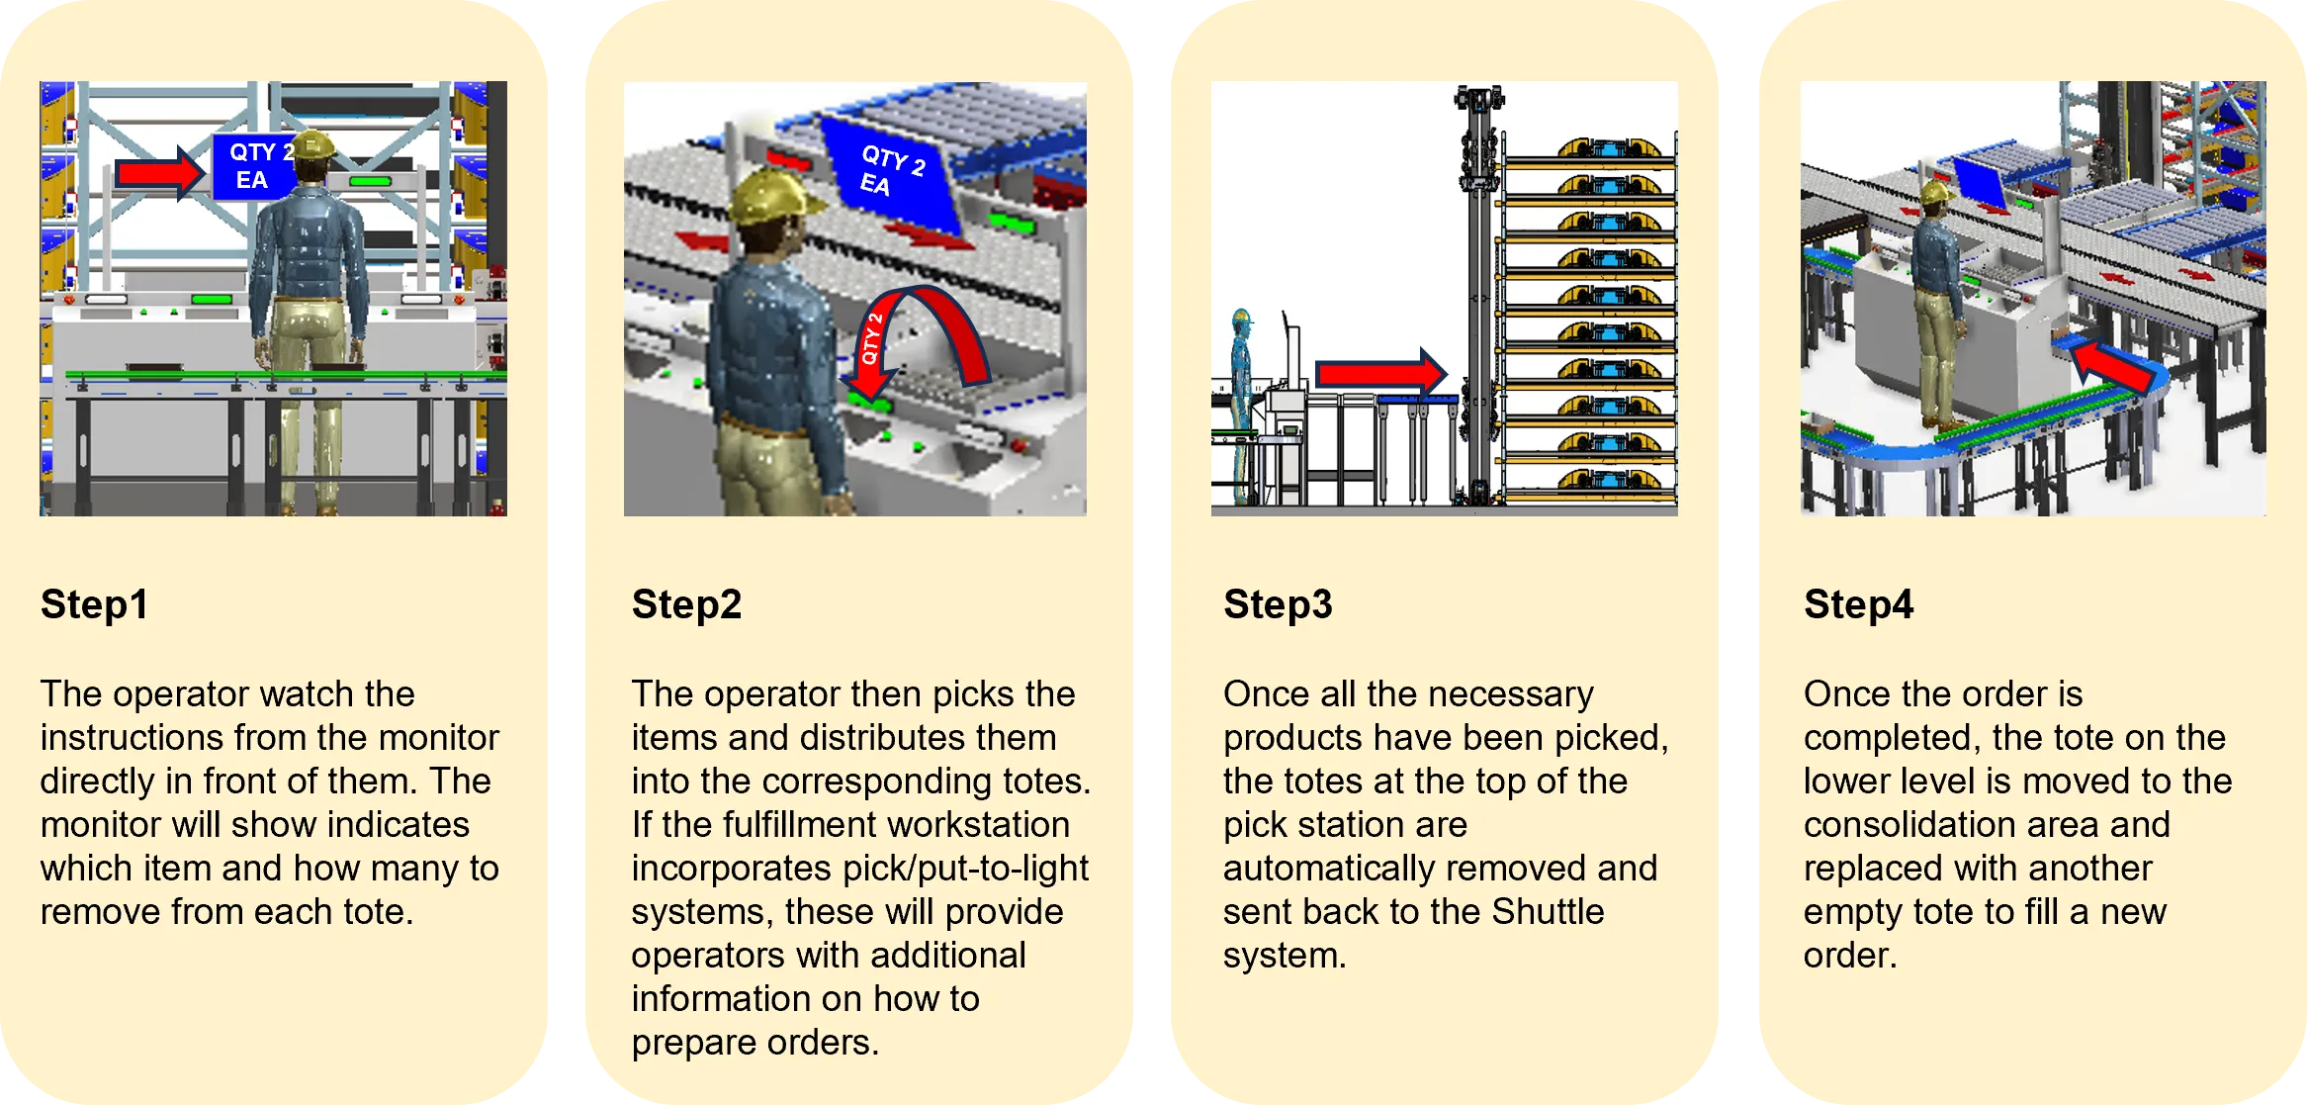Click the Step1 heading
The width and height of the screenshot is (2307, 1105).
point(94,604)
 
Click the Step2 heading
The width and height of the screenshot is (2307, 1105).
point(686,604)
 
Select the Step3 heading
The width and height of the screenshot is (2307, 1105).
point(1278,604)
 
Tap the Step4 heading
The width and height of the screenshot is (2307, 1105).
point(1858,604)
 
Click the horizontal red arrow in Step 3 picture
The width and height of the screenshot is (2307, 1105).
point(1380,373)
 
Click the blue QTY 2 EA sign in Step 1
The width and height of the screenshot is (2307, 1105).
point(256,167)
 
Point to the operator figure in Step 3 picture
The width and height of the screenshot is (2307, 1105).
point(1241,407)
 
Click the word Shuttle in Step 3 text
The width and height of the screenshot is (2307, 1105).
point(1548,911)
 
